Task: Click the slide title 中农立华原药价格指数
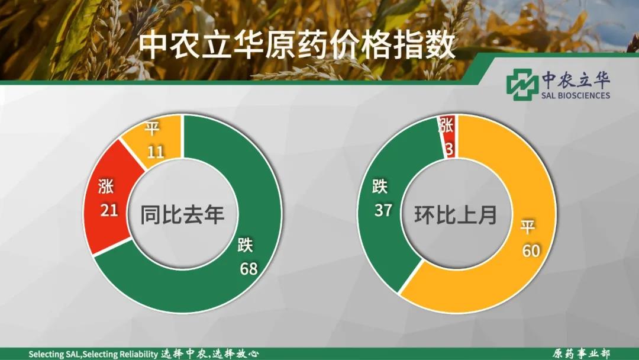[296, 46]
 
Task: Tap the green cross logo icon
[522, 85]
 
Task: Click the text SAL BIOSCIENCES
[576, 95]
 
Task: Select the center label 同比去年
[182, 214]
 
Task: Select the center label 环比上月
[456, 214]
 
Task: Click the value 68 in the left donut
[248, 269]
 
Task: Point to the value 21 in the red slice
[109, 210]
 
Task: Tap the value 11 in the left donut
[156, 152]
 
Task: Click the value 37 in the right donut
[383, 210]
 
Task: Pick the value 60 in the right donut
[531, 250]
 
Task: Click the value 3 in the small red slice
[449, 150]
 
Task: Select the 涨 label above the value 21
[106, 187]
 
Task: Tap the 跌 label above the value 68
[246, 245]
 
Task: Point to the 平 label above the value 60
[527, 227]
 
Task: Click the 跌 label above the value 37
[380, 187]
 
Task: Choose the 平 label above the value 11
[153, 129]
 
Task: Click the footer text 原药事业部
[582, 353]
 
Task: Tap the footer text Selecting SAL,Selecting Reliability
[93, 354]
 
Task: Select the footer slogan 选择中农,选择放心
[209, 353]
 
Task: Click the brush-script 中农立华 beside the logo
[576, 79]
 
